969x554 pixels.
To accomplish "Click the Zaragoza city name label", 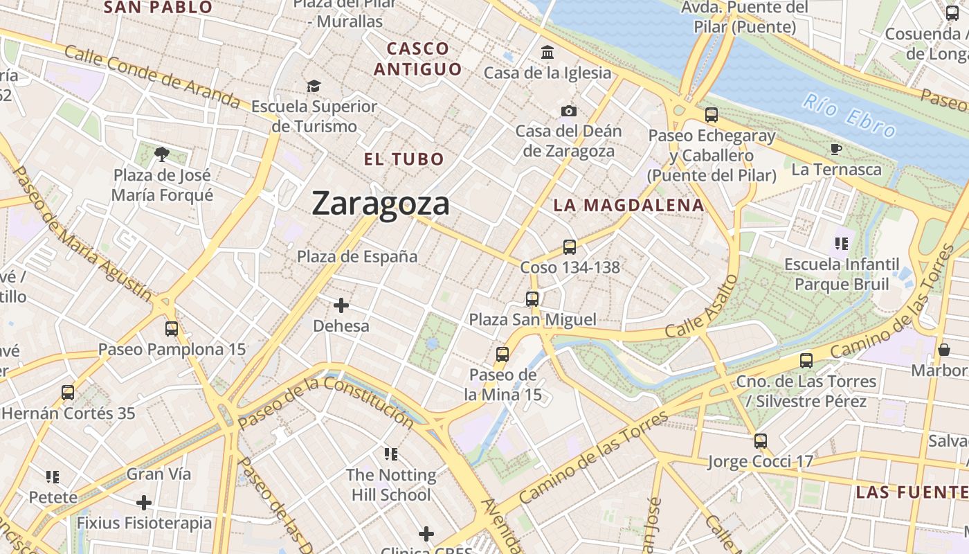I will tap(381, 204).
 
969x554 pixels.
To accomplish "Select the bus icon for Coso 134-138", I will tap(570, 247).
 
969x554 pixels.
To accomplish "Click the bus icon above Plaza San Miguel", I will tap(532, 299).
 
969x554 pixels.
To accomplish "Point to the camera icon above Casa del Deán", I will tap(569, 111).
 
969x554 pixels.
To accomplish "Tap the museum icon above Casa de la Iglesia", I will tap(548, 53).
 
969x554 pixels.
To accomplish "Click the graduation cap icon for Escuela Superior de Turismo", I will tap(314, 87).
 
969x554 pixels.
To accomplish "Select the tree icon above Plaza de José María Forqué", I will tap(162, 154).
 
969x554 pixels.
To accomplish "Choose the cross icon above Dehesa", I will tap(341, 305).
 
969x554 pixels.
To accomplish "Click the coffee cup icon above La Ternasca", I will tap(836, 149).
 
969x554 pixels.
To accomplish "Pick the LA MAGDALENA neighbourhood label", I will tap(629, 206).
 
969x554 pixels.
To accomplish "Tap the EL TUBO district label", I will tap(404, 159).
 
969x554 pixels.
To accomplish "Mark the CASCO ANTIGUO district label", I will tap(418, 59).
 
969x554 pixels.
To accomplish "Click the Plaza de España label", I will tap(357, 257).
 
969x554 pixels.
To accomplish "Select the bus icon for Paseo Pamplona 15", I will tap(172, 329).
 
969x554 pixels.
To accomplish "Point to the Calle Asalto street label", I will tap(702, 307).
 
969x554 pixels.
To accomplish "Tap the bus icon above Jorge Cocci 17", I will tap(761, 441).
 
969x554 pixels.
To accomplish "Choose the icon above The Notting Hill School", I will tap(391, 454).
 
